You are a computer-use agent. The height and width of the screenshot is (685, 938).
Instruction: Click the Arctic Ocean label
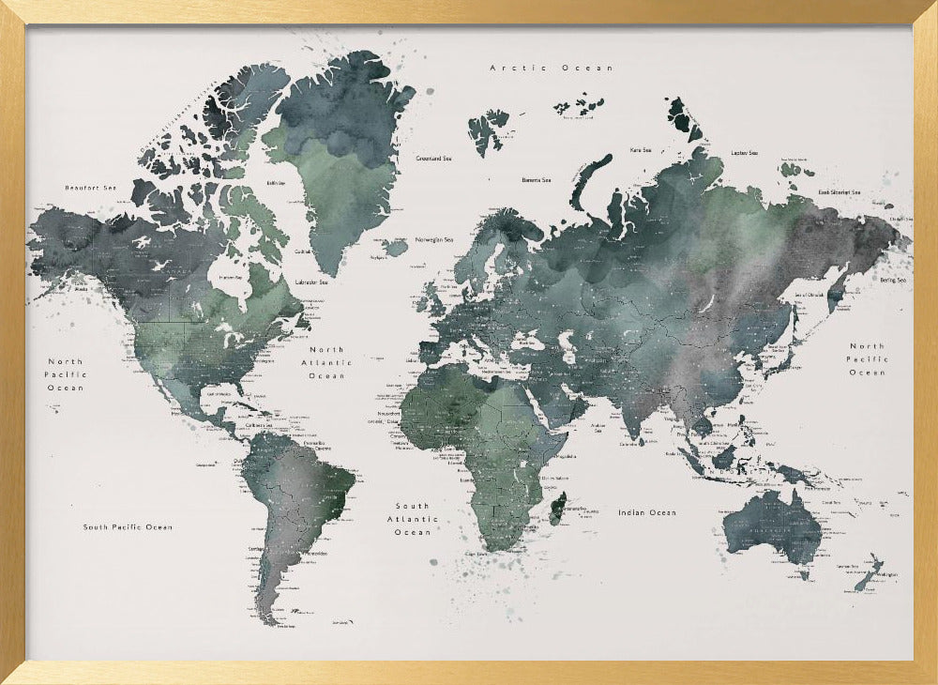pyautogui.click(x=552, y=68)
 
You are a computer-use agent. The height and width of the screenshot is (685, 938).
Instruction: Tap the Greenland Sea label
pyautogui.click(x=433, y=159)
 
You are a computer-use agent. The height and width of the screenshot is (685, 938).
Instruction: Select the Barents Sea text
pyautogui.click(x=537, y=179)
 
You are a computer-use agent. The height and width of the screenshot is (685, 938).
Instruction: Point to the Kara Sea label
pyautogui.click(x=641, y=149)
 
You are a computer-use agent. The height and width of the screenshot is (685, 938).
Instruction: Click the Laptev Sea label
pyautogui.click(x=744, y=152)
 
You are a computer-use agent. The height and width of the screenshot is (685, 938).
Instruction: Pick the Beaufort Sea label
pyautogui.click(x=90, y=188)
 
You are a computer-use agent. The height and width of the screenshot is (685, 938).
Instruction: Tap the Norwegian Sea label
pyautogui.click(x=433, y=238)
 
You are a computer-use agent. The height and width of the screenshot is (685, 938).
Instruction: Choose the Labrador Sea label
pyautogui.click(x=311, y=282)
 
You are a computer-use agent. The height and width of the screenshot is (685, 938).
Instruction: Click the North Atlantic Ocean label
pyautogui.click(x=327, y=362)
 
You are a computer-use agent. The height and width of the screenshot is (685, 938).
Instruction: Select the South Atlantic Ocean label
pyautogui.click(x=413, y=519)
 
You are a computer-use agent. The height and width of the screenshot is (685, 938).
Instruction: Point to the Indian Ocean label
pyautogui.click(x=646, y=512)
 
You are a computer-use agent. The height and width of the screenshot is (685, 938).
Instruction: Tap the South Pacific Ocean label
pyautogui.click(x=128, y=527)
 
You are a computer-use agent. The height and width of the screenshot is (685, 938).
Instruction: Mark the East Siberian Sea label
pyautogui.click(x=839, y=191)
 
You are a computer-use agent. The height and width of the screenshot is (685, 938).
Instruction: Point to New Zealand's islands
pyautogui.click(x=867, y=572)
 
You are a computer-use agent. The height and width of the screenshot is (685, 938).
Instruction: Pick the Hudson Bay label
pyautogui.click(x=230, y=278)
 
